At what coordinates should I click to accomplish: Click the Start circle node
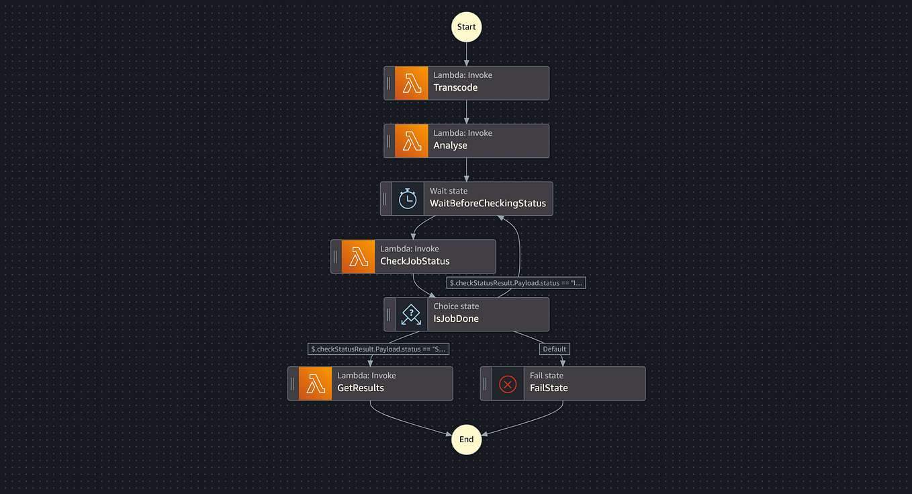click(466, 27)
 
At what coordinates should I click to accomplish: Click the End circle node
click(466, 440)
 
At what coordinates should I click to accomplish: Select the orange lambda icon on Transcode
click(412, 83)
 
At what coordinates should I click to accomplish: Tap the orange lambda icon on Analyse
click(412, 141)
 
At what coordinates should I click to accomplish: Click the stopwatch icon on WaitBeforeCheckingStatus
click(408, 199)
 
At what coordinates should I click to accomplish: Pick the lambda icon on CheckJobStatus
click(359, 257)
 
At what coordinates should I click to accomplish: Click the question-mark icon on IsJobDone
click(411, 315)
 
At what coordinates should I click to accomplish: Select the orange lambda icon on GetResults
click(315, 384)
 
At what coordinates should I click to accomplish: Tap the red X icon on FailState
click(508, 384)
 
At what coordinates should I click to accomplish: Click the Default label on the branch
click(555, 349)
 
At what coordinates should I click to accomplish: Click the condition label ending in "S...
click(379, 349)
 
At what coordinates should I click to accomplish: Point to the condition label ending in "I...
click(516, 283)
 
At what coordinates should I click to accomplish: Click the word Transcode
click(455, 88)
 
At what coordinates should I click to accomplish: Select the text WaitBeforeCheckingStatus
click(488, 204)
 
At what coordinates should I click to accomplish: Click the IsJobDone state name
click(456, 319)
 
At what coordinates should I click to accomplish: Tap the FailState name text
click(549, 388)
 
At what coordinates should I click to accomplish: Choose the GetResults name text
click(361, 388)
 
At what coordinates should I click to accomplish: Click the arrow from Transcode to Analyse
click(466, 112)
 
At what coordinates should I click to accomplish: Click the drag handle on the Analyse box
click(389, 141)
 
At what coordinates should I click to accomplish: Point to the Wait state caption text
click(449, 191)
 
